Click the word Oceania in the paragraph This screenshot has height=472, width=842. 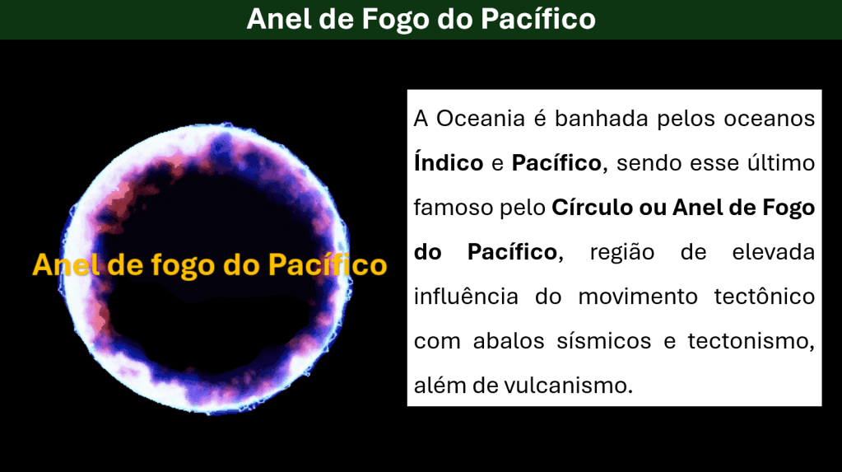tap(480, 119)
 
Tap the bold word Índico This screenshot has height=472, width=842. tap(449, 162)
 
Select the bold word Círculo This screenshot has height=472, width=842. tap(592, 207)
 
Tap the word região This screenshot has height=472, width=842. tap(622, 251)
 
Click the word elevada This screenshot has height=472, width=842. tap(773, 251)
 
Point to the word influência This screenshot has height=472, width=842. tap(466, 297)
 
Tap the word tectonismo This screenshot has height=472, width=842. tap(751, 342)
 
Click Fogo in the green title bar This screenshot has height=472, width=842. tap(395, 19)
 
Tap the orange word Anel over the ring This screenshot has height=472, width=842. tap(67, 264)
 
